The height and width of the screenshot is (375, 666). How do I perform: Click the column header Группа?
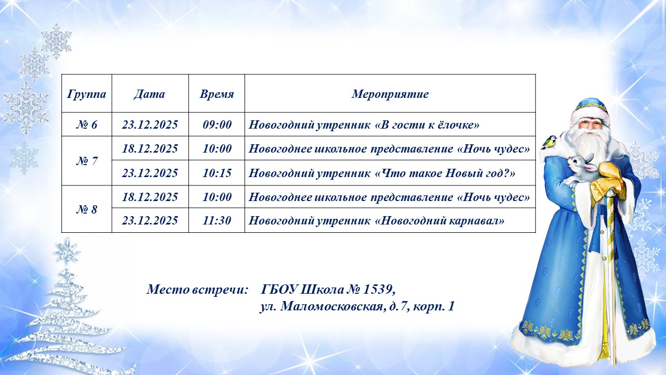click(x=86, y=94)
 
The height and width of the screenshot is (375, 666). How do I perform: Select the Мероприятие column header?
click(x=390, y=94)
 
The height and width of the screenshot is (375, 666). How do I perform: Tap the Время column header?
click(x=217, y=94)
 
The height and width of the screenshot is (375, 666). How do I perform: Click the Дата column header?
click(x=149, y=94)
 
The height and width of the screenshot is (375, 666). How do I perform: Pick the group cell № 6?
click(x=86, y=124)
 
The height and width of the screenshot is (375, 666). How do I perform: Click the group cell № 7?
click(x=86, y=161)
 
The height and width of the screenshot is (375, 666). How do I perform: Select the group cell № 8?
click(x=86, y=209)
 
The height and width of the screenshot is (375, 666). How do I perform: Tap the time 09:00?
click(x=217, y=124)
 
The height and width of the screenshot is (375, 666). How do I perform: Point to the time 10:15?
click(x=217, y=173)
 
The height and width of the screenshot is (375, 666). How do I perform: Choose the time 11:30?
click(x=217, y=220)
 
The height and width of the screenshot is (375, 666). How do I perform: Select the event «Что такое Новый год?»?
click(x=445, y=173)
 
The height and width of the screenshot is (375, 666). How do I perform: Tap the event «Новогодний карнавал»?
click(x=440, y=220)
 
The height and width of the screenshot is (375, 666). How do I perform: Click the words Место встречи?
click(x=197, y=289)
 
